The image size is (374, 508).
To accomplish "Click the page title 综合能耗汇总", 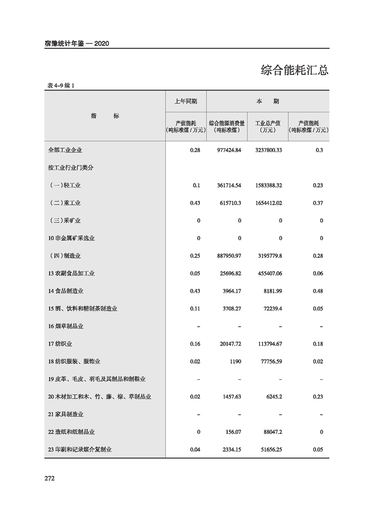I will [294, 70].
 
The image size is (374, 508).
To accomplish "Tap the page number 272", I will [50, 478].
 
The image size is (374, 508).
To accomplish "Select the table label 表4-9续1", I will [61, 85].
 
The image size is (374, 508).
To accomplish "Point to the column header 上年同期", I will [185, 101].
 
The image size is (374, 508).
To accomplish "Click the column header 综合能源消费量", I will [226, 123].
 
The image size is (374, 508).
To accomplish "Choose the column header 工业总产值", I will [267, 123].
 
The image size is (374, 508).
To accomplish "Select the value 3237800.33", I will [266, 150].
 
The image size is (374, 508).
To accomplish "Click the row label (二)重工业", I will [65, 203].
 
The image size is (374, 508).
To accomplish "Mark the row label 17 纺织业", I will [60, 344].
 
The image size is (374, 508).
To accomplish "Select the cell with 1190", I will [235, 362].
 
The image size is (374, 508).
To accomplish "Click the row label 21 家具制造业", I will [66, 415].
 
